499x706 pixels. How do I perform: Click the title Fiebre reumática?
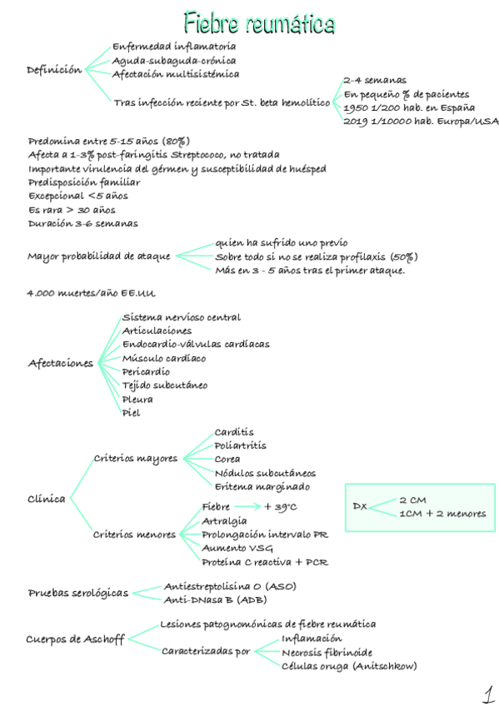click(x=259, y=22)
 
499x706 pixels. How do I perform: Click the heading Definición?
click(x=55, y=69)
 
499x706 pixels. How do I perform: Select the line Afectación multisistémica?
click(x=175, y=74)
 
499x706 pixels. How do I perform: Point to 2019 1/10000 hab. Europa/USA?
click(x=421, y=122)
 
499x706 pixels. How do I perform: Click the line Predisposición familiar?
click(x=84, y=182)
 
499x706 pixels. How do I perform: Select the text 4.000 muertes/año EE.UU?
click(x=92, y=294)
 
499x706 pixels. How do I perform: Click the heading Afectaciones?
click(x=61, y=363)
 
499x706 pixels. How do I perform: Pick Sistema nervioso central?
click(x=182, y=317)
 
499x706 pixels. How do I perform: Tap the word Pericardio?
click(x=146, y=371)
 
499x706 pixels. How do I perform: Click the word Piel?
click(x=131, y=412)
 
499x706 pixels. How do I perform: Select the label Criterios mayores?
click(x=135, y=458)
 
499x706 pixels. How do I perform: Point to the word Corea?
click(x=227, y=459)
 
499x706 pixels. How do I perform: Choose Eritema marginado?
click(x=262, y=486)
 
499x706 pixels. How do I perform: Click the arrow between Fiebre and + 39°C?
click(x=247, y=506)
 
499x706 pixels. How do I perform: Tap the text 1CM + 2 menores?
click(x=442, y=514)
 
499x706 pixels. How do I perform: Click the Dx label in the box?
click(x=360, y=506)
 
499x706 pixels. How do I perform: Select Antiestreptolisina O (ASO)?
click(x=230, y=586)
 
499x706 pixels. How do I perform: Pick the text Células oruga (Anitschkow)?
click(x=349, y=666)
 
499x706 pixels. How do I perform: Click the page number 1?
click(x=485, y=692)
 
